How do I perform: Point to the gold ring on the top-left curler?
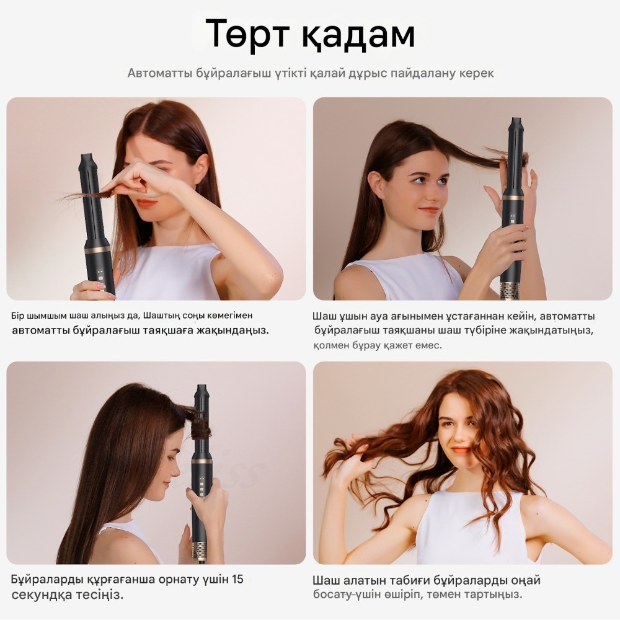[97, 249]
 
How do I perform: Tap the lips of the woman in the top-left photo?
[147, 203]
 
